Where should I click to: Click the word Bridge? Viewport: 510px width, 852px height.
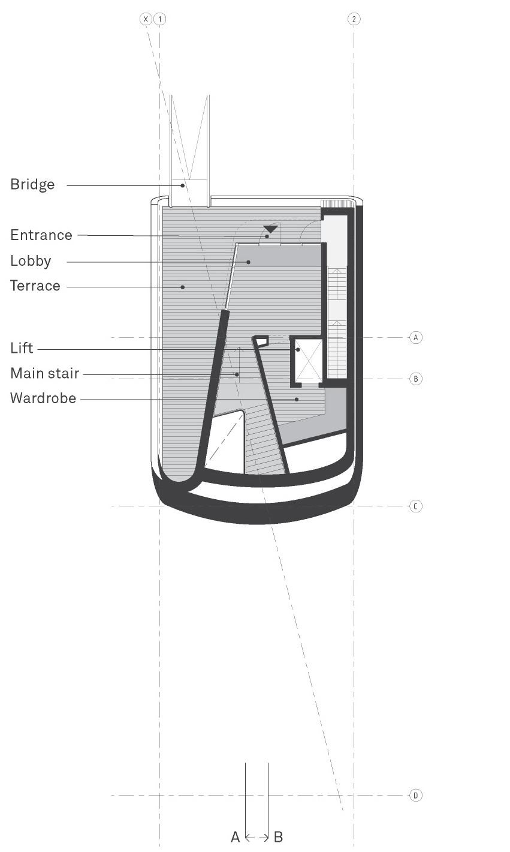[32, 185]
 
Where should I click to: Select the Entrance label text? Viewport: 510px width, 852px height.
[41, 235]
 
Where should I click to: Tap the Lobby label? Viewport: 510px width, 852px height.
[31, 262]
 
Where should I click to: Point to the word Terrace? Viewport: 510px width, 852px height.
[35, 286]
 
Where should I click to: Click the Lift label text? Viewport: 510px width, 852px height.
[22, 348]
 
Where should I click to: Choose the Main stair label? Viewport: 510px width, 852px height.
[45, 373]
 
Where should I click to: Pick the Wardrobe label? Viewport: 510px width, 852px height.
[43, 398]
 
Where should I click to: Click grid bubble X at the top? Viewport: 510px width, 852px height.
[146, 19]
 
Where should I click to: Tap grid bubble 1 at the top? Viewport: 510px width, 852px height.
[159, 19]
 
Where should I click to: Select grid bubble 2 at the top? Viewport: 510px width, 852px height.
[354, 19]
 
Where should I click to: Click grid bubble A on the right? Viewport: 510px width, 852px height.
[416, 337]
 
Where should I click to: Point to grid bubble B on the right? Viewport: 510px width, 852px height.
[416, 379]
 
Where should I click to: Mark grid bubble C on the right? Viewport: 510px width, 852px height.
[416, 506]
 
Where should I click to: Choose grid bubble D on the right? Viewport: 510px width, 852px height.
[416, 796]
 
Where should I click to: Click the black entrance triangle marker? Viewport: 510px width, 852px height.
[270, 229]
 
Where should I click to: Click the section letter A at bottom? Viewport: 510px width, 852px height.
[236, 837]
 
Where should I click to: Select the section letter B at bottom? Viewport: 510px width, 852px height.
[278, 837]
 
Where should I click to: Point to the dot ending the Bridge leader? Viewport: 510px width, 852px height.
[183, 185]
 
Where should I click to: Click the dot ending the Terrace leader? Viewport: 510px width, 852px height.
[183, 287]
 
